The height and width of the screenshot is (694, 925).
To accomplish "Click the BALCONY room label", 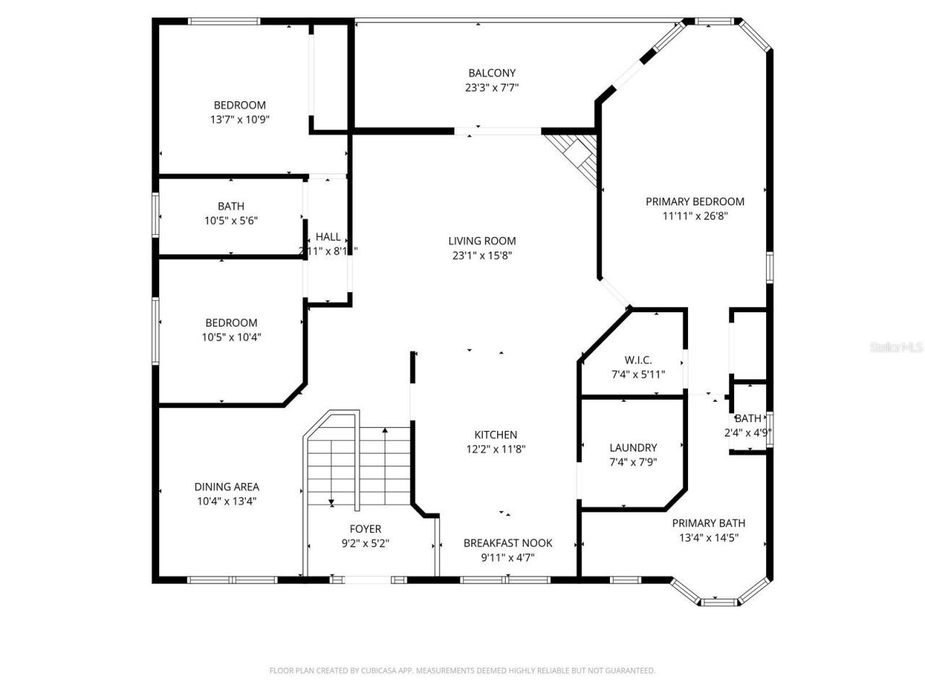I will pos(491,73).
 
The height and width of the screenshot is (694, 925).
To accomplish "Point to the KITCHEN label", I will pos(495,435).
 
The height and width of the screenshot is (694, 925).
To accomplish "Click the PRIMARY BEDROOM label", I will pos(694,202).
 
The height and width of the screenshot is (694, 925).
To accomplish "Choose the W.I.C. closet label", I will pos(638,360).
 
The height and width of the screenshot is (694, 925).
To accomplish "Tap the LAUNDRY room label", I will pos(633,448).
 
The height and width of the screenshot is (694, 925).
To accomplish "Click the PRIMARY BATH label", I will pos(708,523).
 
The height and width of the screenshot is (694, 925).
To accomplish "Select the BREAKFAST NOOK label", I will pos(507,543).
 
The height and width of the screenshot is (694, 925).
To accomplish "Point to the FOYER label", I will pos(365,529).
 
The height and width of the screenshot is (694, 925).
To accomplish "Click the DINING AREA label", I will pos(226,487).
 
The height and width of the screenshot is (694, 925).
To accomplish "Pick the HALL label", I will pos(328,237).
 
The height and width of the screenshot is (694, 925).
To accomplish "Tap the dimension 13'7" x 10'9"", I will pos(239,119).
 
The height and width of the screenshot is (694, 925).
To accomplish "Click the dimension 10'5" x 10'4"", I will pos(231,337).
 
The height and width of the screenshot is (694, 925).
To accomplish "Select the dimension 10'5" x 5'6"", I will pos(231,220).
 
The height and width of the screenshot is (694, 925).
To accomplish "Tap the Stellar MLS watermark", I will pos(896,348).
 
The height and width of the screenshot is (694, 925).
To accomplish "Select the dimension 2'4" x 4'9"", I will pos(748,433).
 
